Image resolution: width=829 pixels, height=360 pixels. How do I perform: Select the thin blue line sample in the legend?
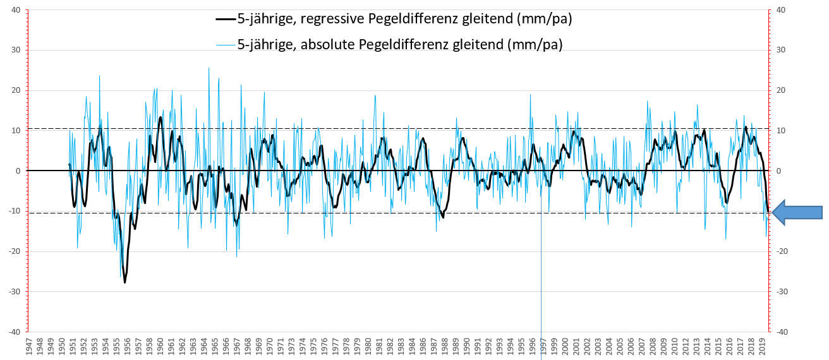226,44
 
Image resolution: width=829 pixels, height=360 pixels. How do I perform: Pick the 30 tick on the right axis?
780,51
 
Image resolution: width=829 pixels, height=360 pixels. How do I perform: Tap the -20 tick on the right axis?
781,251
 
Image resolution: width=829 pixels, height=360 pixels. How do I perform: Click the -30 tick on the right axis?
781,292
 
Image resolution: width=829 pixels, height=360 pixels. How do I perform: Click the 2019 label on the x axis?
763,347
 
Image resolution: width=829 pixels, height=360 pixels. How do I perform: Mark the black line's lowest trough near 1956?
124,282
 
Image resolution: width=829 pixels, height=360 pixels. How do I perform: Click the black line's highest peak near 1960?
160,117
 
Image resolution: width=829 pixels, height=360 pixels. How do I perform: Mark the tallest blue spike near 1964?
209,68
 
